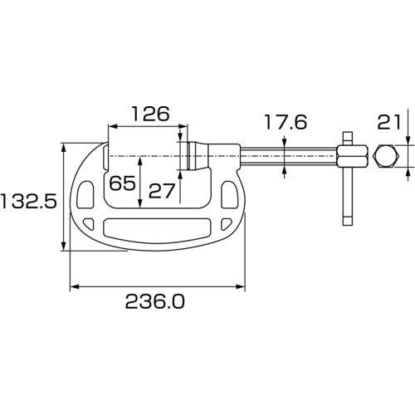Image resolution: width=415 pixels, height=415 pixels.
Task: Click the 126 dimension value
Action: point(150,114)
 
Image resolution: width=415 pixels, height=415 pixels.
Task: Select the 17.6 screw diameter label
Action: point(286,122)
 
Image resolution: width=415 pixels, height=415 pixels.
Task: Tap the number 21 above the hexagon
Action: point(389,122)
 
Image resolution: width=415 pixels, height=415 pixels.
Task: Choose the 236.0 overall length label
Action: point(155,303)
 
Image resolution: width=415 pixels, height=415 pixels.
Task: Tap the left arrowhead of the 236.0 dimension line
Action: point(73,287)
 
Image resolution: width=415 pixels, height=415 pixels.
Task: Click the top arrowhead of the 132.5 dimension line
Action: point(63,147)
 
